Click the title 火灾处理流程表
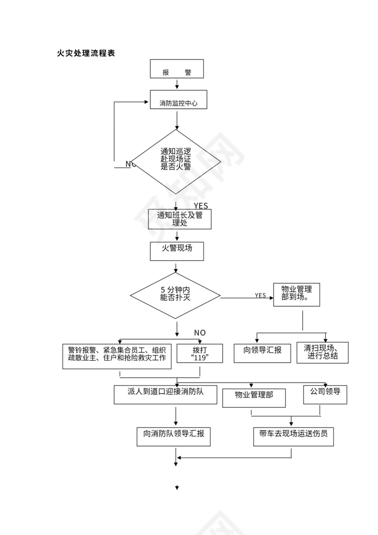[x=86, y=53]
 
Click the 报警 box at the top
[x=177, y=69]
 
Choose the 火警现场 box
[x=177, y=251]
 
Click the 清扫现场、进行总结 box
[x=322, y=353]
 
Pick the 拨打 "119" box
[x=200, y=353]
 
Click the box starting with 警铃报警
[x=117, y=356]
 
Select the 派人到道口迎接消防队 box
[x=166, y=394]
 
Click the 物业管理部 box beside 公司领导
[x=254, y=397]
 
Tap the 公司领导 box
[x=325, y=394]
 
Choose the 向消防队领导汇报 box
[x=174, y=436]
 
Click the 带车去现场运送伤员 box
[x=293, y=436]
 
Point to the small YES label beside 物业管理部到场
[x=260, y=295]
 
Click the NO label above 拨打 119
[x=199, y=333]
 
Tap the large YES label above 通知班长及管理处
[x=201, y=206]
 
